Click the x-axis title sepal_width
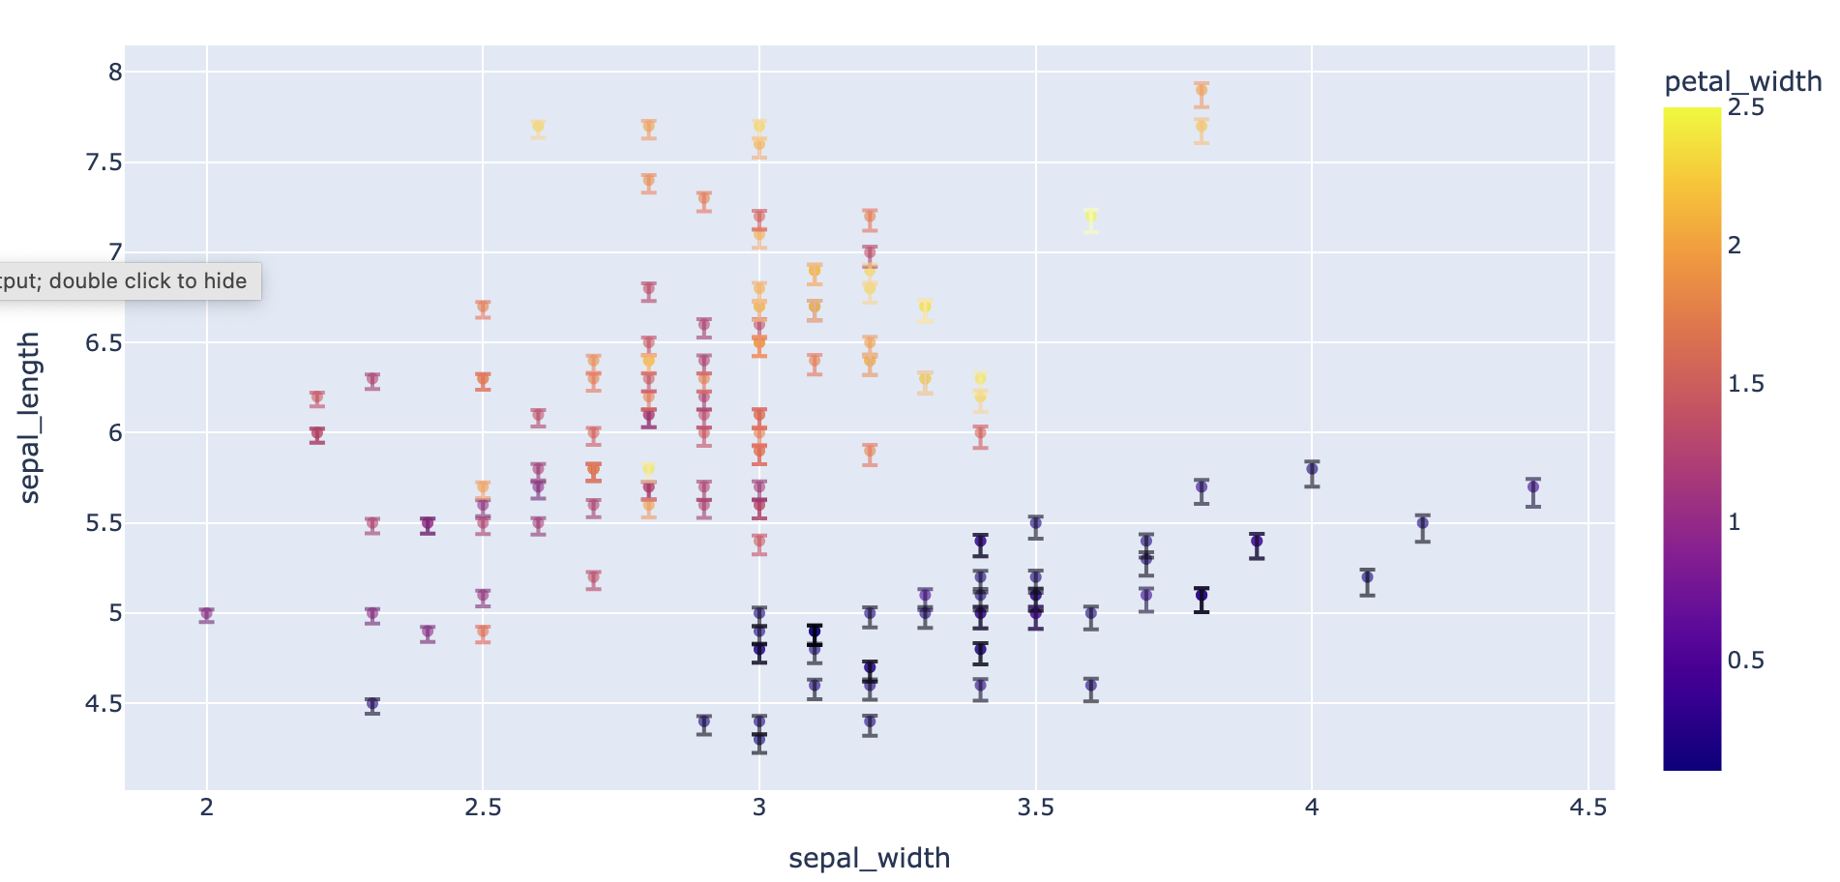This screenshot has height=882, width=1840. (869, 858)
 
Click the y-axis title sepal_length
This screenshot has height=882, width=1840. (30, 418)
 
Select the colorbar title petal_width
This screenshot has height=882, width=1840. (1742, 81)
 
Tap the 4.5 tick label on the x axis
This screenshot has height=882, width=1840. (1588, 808)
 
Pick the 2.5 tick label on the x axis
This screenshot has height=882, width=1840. (483, 808)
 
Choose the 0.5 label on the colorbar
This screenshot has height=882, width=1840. (1746, 661)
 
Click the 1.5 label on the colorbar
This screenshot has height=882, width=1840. (1746, 384)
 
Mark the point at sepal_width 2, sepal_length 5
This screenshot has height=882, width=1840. (206, 613)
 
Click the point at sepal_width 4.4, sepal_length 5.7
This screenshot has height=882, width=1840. (1532, 486)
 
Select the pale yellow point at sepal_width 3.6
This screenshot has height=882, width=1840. (1090, 216)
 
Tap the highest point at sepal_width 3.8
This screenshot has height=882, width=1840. (1201, 90)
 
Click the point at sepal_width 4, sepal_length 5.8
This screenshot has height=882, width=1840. (1312, 469)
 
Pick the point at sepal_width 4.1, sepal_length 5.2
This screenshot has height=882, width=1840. (1367, 577)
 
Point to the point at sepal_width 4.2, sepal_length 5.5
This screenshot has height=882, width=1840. (1422, 523)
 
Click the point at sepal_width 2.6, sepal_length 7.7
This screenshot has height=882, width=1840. (538, 126)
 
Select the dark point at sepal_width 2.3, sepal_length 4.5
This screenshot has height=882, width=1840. (372, 703)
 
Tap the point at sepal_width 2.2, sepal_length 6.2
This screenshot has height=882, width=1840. (317, 397)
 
